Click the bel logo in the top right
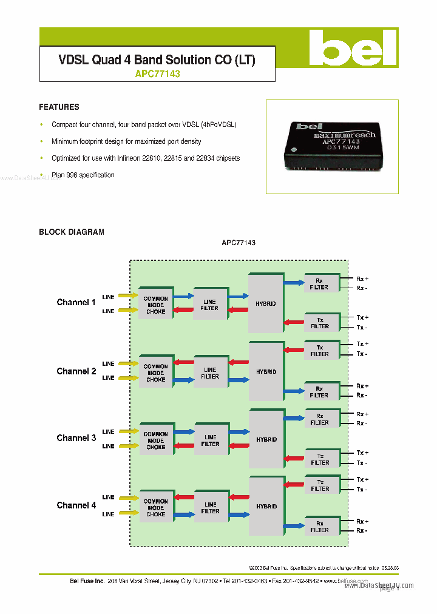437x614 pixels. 352,48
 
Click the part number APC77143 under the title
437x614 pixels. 157,74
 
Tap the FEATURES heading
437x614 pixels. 59,107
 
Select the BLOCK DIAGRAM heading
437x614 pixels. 72,232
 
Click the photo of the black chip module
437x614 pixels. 331,147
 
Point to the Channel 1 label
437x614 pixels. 76,302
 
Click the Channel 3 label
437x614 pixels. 76,437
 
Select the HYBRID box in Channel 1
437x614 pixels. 266,303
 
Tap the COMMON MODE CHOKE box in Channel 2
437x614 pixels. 155,373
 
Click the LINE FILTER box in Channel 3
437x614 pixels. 210,440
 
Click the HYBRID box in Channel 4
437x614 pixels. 266,506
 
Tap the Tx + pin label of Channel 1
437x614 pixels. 362,317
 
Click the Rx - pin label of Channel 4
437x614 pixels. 362,531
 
